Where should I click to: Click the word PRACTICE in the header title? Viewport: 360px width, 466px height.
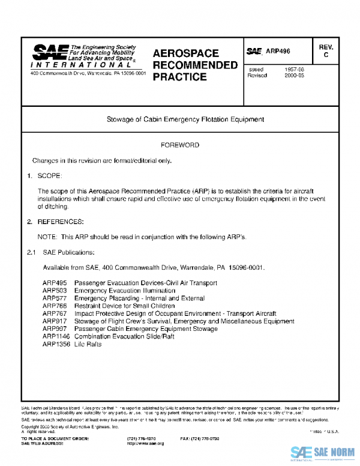click(180, 77)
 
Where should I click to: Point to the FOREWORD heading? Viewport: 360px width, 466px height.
click(180, 145)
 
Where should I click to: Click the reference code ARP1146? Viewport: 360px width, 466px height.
click(56, 337)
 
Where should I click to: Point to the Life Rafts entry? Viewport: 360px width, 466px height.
click(88, 345)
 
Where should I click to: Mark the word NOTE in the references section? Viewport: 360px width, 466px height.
click(47, 237)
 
